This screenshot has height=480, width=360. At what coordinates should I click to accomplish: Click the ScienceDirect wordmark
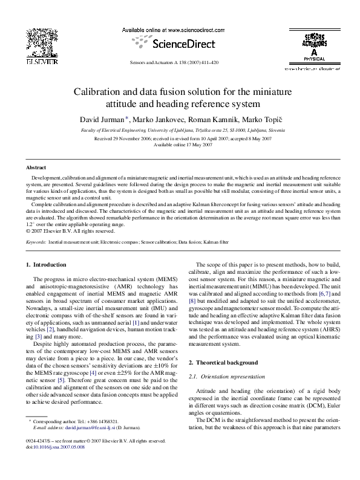pyautogui.click(x=178, y=43)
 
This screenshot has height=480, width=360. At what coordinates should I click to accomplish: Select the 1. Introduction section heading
pyautogui.click(x=46, y=265)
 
